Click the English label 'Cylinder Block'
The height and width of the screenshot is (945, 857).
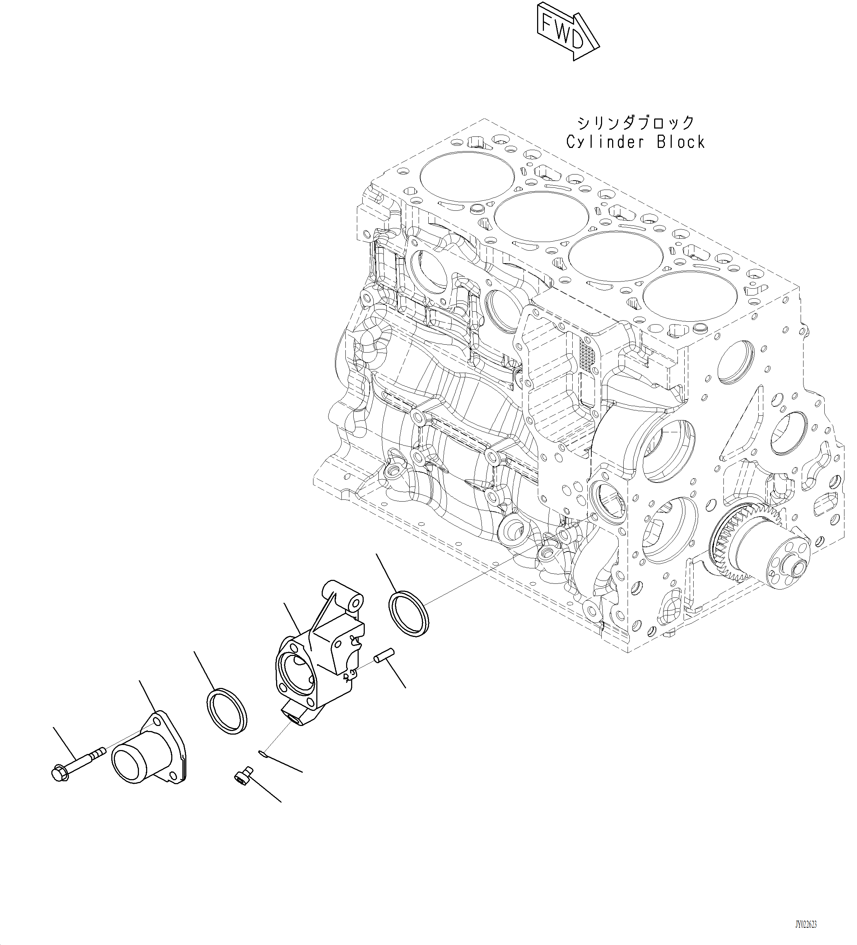(635, 141)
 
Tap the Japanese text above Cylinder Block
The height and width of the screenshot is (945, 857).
(635, 123)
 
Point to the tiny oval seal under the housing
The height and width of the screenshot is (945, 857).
(262, 753)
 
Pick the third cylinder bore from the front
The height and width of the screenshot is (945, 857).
(541, 217)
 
